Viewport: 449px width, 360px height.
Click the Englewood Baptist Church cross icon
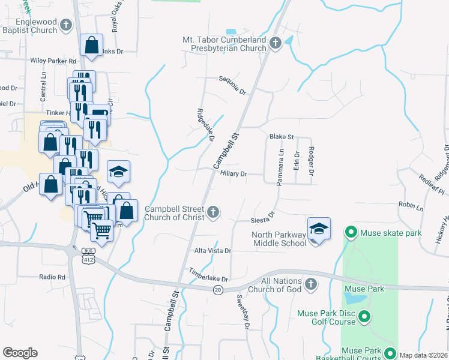65,25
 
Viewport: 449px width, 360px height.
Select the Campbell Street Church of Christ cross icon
213,212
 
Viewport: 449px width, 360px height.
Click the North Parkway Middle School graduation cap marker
319,229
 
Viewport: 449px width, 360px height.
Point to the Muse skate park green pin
351,232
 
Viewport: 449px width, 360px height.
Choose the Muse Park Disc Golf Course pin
363,316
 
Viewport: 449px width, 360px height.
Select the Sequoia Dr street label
232,85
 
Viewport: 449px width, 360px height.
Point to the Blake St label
281,137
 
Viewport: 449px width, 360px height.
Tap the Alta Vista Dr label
212,251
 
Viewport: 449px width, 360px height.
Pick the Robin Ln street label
411,205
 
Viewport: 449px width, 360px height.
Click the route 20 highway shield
217,290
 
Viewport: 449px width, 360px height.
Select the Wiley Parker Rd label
54,61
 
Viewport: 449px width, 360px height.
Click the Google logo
20,353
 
